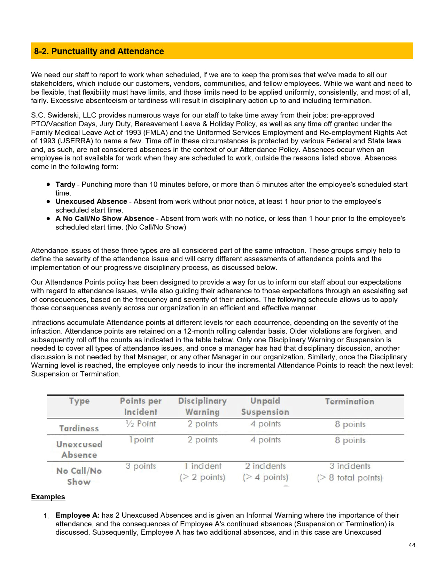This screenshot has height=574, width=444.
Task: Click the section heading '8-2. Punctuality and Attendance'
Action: tap(99, 51)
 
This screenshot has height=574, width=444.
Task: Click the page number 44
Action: tap(412, 545)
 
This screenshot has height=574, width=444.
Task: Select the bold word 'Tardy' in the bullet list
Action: tap(65, 184)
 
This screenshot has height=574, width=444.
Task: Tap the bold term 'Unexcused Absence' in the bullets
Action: tap(91, 201)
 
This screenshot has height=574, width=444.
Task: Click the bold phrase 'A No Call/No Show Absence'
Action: tap(104, 218)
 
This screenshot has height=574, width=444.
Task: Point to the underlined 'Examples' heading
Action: tap(48, 497)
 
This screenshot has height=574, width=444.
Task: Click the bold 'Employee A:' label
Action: tap(77, 515)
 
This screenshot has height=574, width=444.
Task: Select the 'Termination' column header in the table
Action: tap(349, 401)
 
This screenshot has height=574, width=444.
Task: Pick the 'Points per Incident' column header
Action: tap(141, 406)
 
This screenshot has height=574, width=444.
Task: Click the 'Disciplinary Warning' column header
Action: tap(202, 406)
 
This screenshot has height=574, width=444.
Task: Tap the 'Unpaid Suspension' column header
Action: tap(265, 406)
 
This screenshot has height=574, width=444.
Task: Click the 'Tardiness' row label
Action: tap(79, 428)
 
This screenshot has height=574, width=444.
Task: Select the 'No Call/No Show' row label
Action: tap(79, 476)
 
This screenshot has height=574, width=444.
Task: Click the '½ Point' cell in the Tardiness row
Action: tap(141, 424)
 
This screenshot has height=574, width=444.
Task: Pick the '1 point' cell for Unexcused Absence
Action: tap(141, 440)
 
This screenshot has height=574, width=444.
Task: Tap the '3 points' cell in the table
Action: tap(141, 466)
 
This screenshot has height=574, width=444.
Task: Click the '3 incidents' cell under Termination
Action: tap(350, 466)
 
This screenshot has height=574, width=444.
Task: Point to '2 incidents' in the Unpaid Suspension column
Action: tap(265, 466)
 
